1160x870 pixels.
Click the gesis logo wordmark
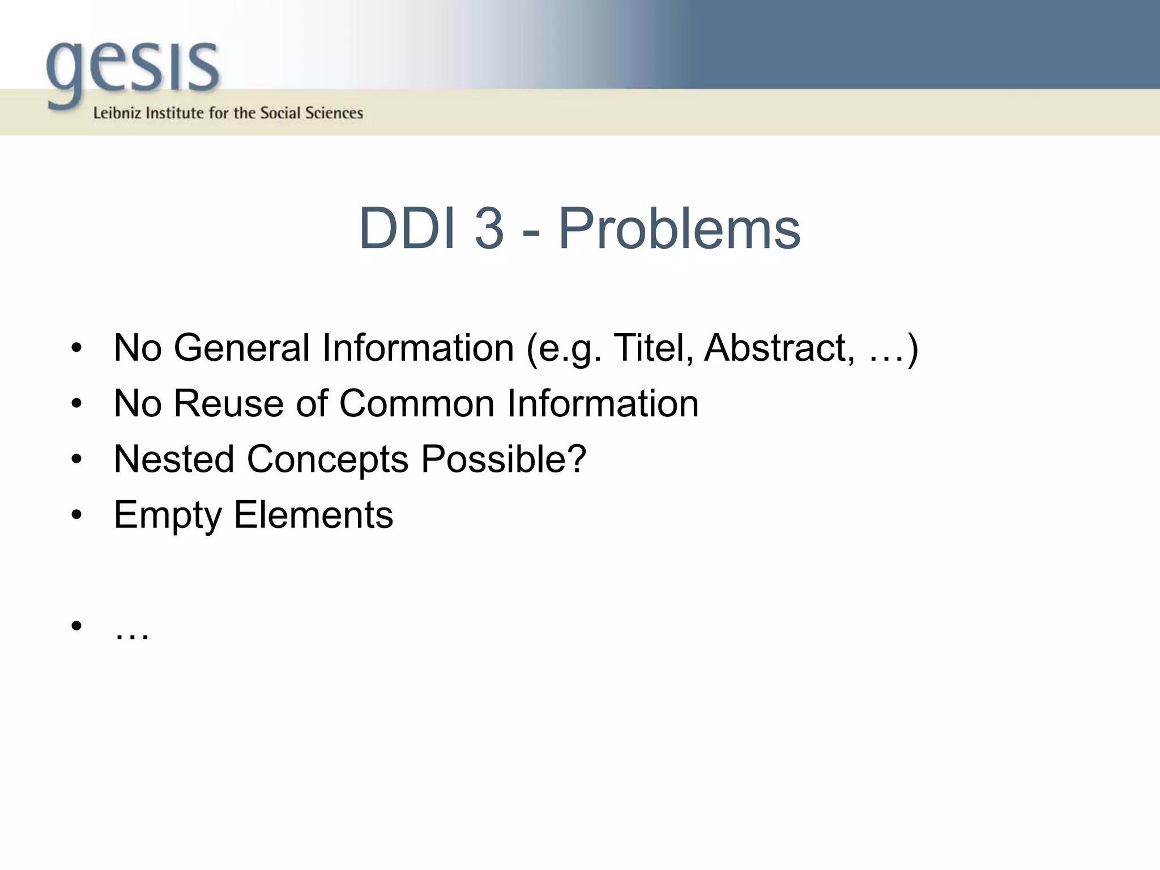click(x=133, y=71)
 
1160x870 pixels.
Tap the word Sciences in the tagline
click(x=334, y=113)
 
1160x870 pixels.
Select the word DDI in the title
click(x=407, y=228)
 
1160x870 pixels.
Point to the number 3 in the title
click(x=489, y=228)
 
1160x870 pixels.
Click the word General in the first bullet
click(x=241, y=347)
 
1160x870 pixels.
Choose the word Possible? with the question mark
click(x=504, y=459)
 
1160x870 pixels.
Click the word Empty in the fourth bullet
click(x=168, y=515)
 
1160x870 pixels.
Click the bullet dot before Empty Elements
click(x=77, y=515)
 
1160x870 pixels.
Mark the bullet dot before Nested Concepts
click(x=77, y=459)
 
